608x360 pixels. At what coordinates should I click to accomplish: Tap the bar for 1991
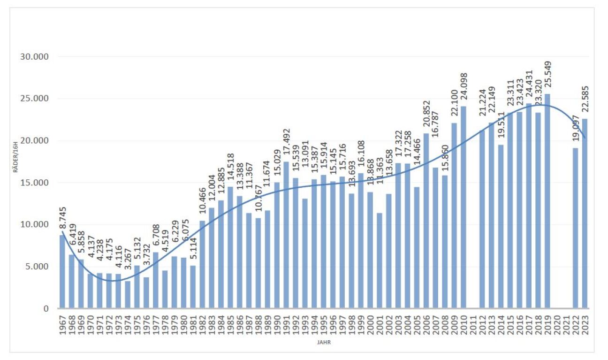pos(286,235)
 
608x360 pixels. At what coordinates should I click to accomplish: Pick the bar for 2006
pos(426,221)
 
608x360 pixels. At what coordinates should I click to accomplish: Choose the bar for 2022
pos(575,228)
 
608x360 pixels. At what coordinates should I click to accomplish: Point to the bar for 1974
pos(128,295)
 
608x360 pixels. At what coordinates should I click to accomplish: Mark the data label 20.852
pos(426,116)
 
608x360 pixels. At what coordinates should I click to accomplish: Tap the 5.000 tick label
pos(36,267)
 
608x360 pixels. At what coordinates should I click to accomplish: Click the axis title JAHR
pos(324,343)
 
